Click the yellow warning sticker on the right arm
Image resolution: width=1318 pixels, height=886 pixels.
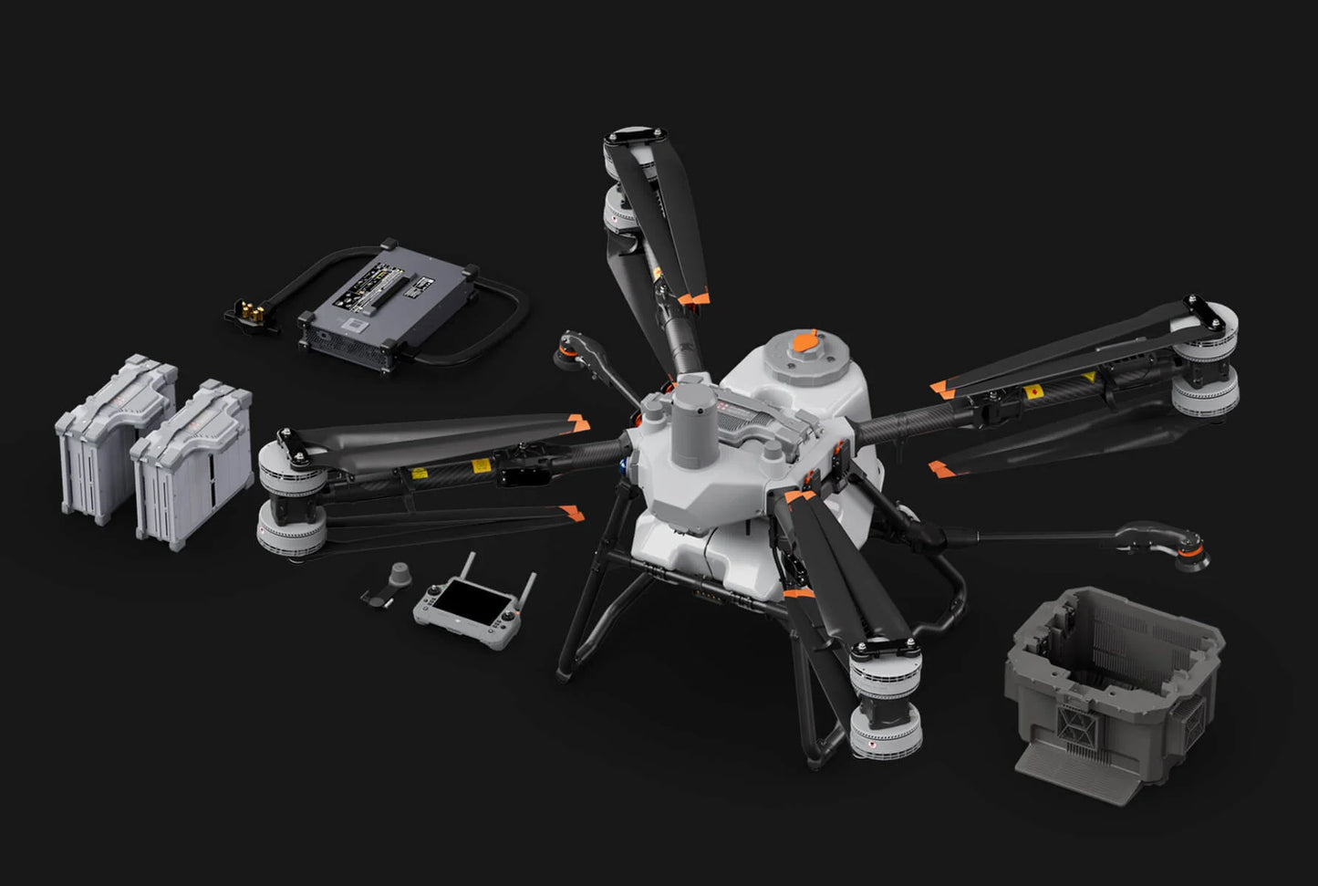tap(1087, 377)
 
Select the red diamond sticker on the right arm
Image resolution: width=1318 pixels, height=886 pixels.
tap(1035, 391)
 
